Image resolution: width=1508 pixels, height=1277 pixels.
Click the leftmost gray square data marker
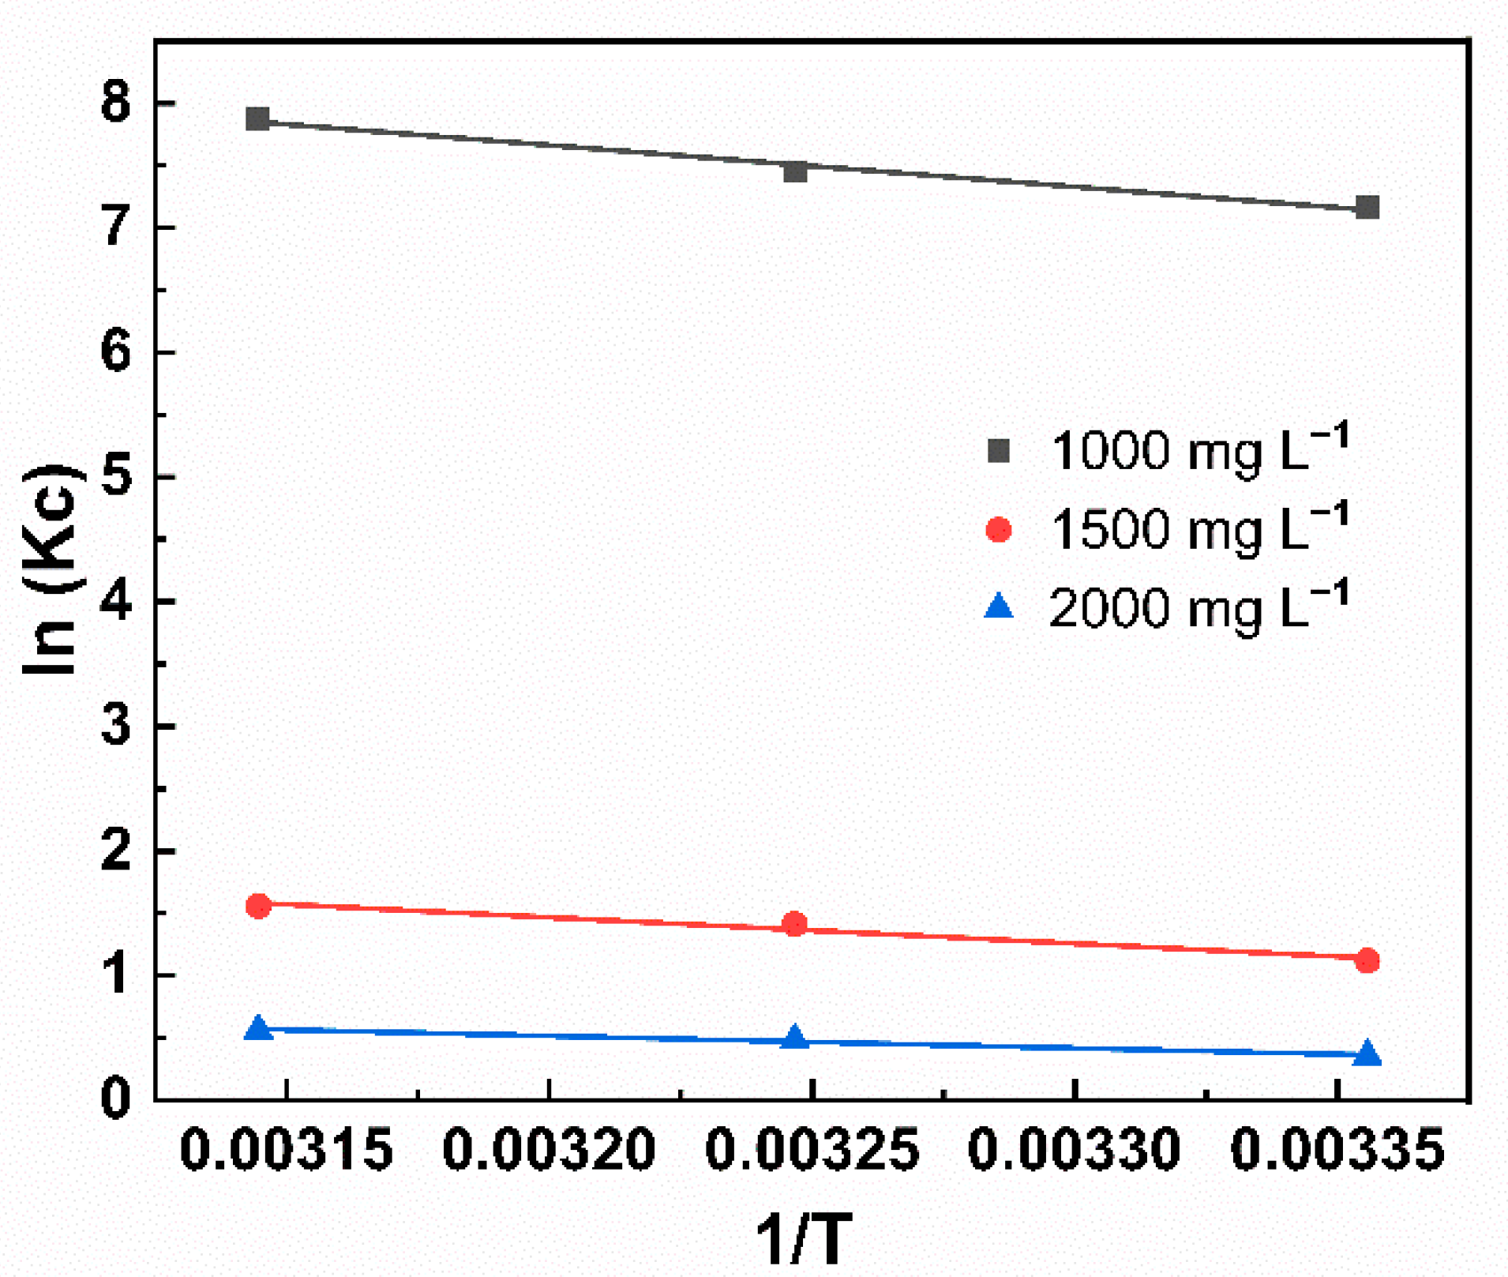[257, 119]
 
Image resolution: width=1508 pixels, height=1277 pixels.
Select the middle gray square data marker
[795, 171]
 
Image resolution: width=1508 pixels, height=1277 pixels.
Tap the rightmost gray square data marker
[1367, 208]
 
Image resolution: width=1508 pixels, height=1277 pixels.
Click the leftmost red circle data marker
[258, 906]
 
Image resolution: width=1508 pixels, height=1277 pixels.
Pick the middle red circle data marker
[795, 924]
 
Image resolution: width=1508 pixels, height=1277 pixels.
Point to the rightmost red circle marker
[1367, 961]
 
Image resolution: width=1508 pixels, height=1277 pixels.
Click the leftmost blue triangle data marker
[258, 1028]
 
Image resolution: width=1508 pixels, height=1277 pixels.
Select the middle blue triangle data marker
[795, 1038]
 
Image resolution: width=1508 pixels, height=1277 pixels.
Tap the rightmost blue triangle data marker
[1367, 1054]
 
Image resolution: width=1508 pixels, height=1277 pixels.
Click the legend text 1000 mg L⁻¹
[1199, 449]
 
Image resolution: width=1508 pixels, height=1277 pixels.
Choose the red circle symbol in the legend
[999, 529]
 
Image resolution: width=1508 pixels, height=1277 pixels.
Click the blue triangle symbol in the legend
[999, 607]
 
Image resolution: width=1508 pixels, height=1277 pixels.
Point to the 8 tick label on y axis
[116, 103]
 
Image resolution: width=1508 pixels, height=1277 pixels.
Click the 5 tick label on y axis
[116, 477]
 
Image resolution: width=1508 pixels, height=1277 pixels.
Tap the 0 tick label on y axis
[116, 1099]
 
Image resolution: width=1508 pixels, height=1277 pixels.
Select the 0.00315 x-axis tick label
[287, 1149]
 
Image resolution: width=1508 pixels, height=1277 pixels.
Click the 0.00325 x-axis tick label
[812, 1149]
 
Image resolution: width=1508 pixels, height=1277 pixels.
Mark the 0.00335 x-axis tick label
[1337, 1149]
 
